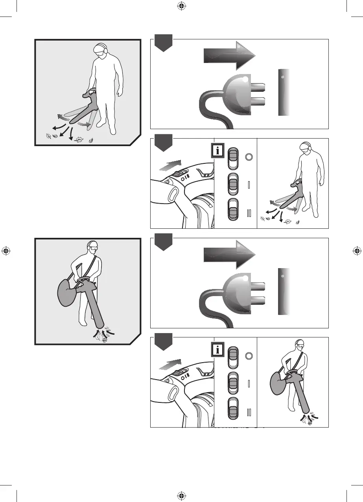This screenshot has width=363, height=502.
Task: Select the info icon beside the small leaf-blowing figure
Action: pyautogui.click(x=218, y=151)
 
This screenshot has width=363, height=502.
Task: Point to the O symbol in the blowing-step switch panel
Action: pyautogui.click(x=248, y=156)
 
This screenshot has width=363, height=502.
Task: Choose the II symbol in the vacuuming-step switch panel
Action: pyautogui.click(x=249, y=412)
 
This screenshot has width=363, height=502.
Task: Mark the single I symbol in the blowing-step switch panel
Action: pyautogui.click(x=249, y=185)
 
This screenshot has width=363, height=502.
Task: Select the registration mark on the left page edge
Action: pyautogui.click(x=6, y=251)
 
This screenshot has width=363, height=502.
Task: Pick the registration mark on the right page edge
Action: pyautogui.click(x=357, y=251)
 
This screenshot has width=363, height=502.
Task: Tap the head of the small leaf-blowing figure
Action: pyautogui.click(x=305, y=148)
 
